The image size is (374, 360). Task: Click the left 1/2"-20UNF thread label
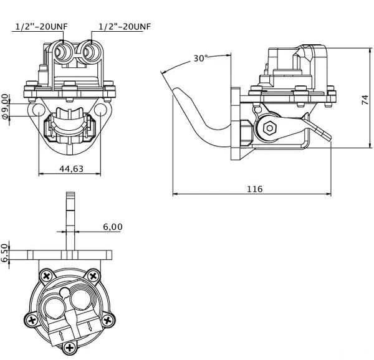point(42,26)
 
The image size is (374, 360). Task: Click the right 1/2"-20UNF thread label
point(125,26)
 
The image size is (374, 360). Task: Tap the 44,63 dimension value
point(71,169)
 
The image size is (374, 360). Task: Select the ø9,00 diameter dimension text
point(5,106)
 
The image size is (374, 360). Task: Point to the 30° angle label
point(201,58)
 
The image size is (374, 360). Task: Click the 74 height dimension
point(365,100)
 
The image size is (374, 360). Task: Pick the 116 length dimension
point(255,189)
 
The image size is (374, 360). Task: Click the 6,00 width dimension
point(113,227)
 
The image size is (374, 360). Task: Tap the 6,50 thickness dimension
point(4,253)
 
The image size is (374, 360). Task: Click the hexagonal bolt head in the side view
point(270,128)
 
